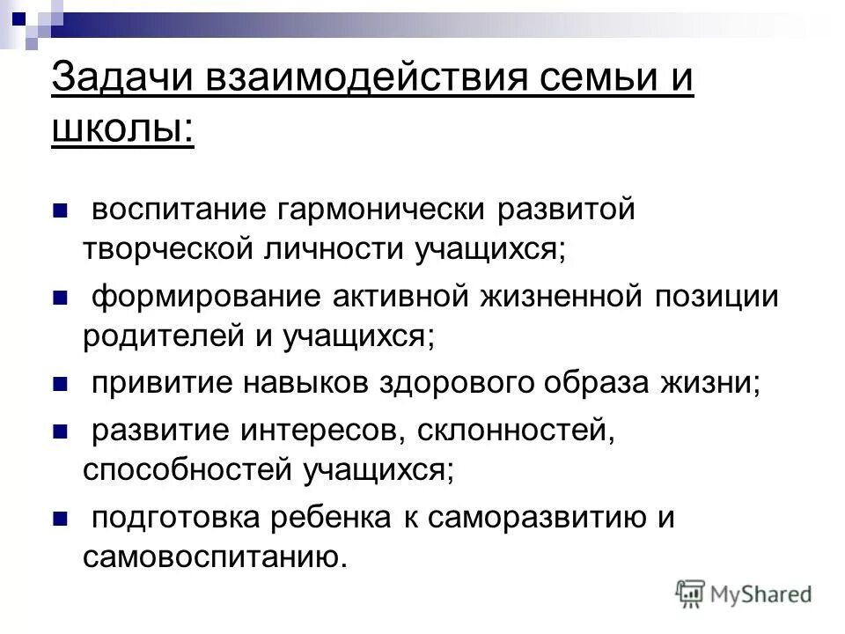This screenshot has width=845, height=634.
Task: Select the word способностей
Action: (x=186, y=470)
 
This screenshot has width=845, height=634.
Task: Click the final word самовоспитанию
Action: (x=211, y=557)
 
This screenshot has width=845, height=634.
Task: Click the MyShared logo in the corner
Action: (x=744, y=593)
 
